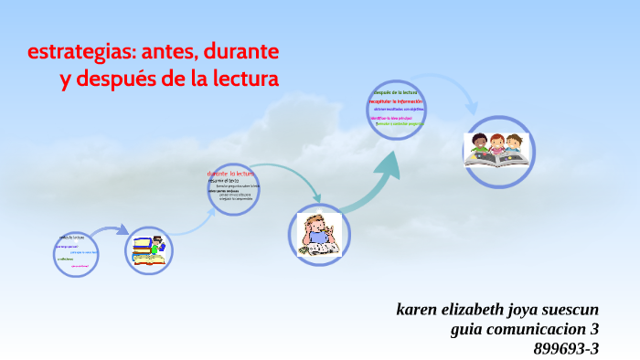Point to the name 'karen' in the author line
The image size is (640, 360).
point(419,309)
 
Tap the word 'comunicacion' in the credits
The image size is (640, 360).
point(539,329)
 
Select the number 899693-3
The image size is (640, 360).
point(566,348)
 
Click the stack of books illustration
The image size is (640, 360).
point(149,250)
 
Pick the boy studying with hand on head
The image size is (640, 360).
point(320,234)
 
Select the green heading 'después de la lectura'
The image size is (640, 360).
point(395,92)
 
